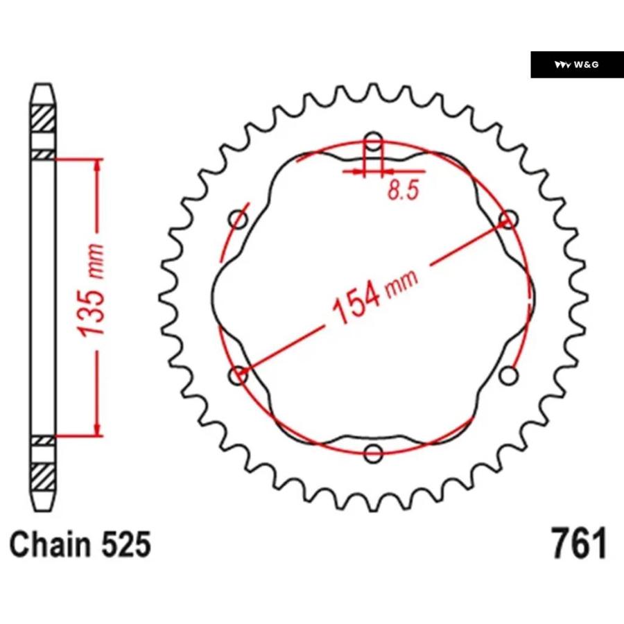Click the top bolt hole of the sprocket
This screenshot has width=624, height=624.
[373, 141]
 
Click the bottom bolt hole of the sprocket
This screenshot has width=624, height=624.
[373, 453]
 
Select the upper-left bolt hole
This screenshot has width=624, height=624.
[239, 219]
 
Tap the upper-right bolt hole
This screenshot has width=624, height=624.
[509, 219]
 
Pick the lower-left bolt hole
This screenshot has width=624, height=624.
[239, 375]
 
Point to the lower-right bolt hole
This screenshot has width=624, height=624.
[509, 375]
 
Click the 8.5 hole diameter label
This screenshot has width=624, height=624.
[403, 190]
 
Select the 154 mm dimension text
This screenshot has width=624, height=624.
[375, 297]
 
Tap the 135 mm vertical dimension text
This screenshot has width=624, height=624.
[91, 291]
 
